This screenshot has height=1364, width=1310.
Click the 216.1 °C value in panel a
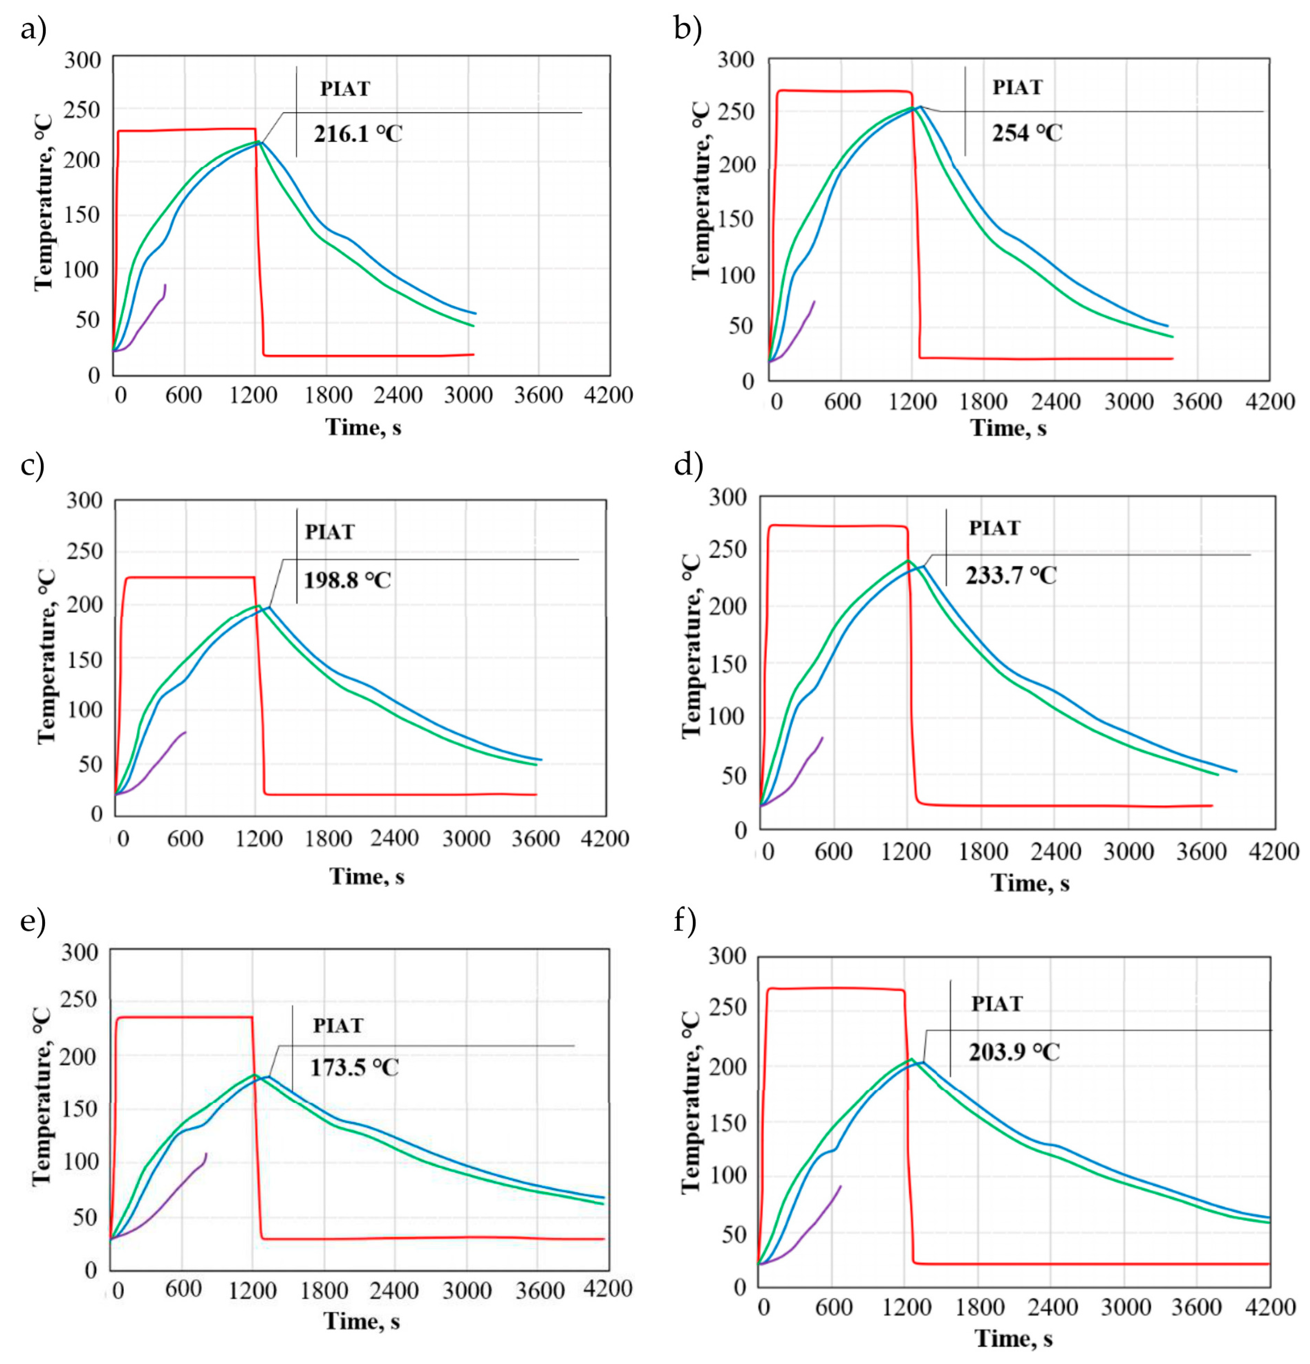point(358,133)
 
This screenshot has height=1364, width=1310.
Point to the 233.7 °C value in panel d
point(1011,575)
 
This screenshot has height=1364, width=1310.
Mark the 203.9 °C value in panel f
point(1014,1052)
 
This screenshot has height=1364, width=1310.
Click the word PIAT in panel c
point(330,532)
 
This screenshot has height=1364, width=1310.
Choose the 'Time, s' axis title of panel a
point(363,426)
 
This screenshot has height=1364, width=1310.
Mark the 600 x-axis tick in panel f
point(834,1307)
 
